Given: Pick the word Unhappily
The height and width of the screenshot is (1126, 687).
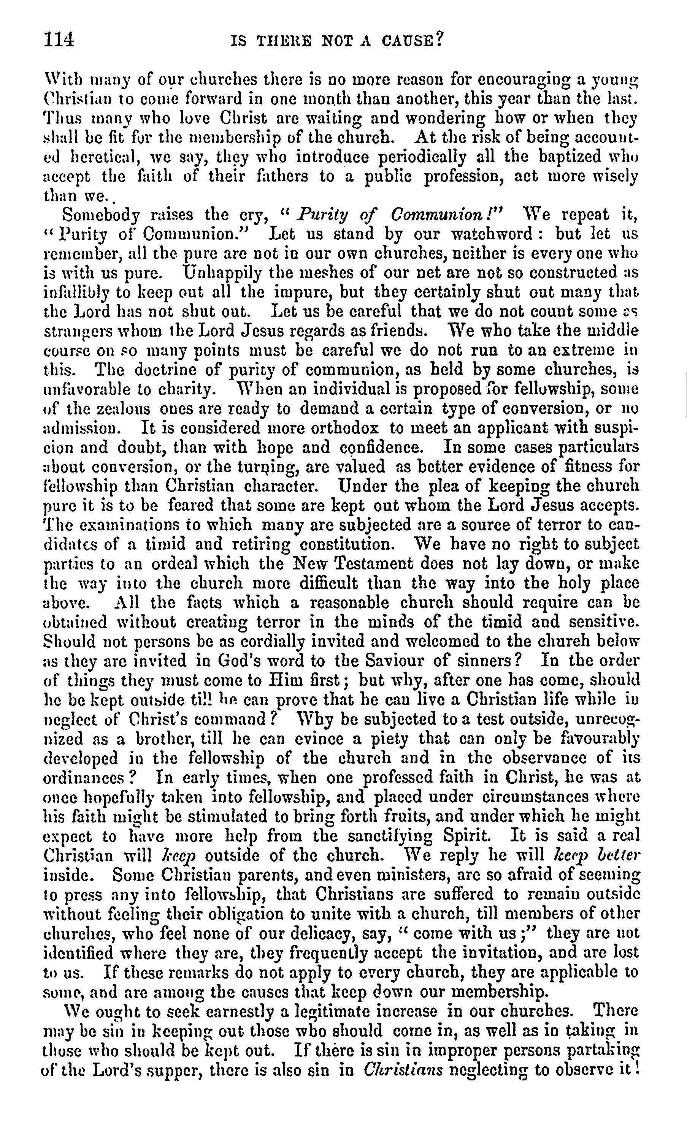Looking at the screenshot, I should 222,273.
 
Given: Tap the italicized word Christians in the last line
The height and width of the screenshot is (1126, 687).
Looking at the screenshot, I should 403,1070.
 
